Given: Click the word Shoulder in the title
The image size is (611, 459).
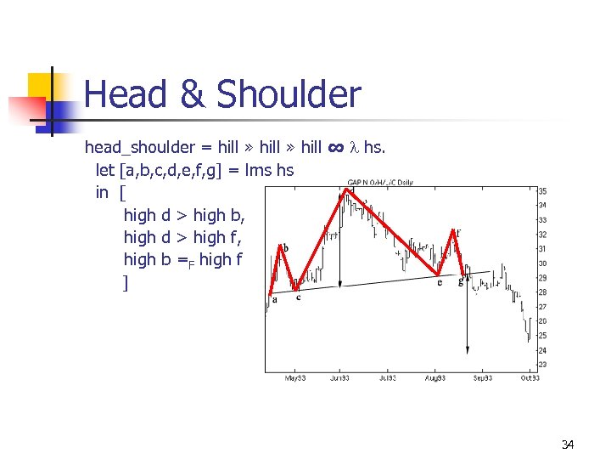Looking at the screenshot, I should [x=289, y=95].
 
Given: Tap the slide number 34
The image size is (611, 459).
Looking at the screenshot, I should [x=568, y=445].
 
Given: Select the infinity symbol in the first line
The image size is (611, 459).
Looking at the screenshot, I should [x=336, y=148].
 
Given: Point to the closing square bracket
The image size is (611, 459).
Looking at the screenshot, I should [x=126, y=282].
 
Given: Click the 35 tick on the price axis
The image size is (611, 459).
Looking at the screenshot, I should [x=542, y=190].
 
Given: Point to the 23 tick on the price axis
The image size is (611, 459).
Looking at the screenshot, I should [x=542, y=365].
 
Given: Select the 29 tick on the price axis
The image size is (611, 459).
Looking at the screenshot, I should [x=542, y=277].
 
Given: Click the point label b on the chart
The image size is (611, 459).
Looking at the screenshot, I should [x=286, y=248].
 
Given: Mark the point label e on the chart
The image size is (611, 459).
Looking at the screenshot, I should [x=440, y=282].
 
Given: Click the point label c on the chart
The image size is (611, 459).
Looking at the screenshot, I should [x=298, y=297].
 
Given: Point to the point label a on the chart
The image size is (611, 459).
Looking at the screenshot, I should [x=274, y=299].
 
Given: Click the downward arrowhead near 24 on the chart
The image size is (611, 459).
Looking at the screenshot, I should [x=468, y=348].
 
